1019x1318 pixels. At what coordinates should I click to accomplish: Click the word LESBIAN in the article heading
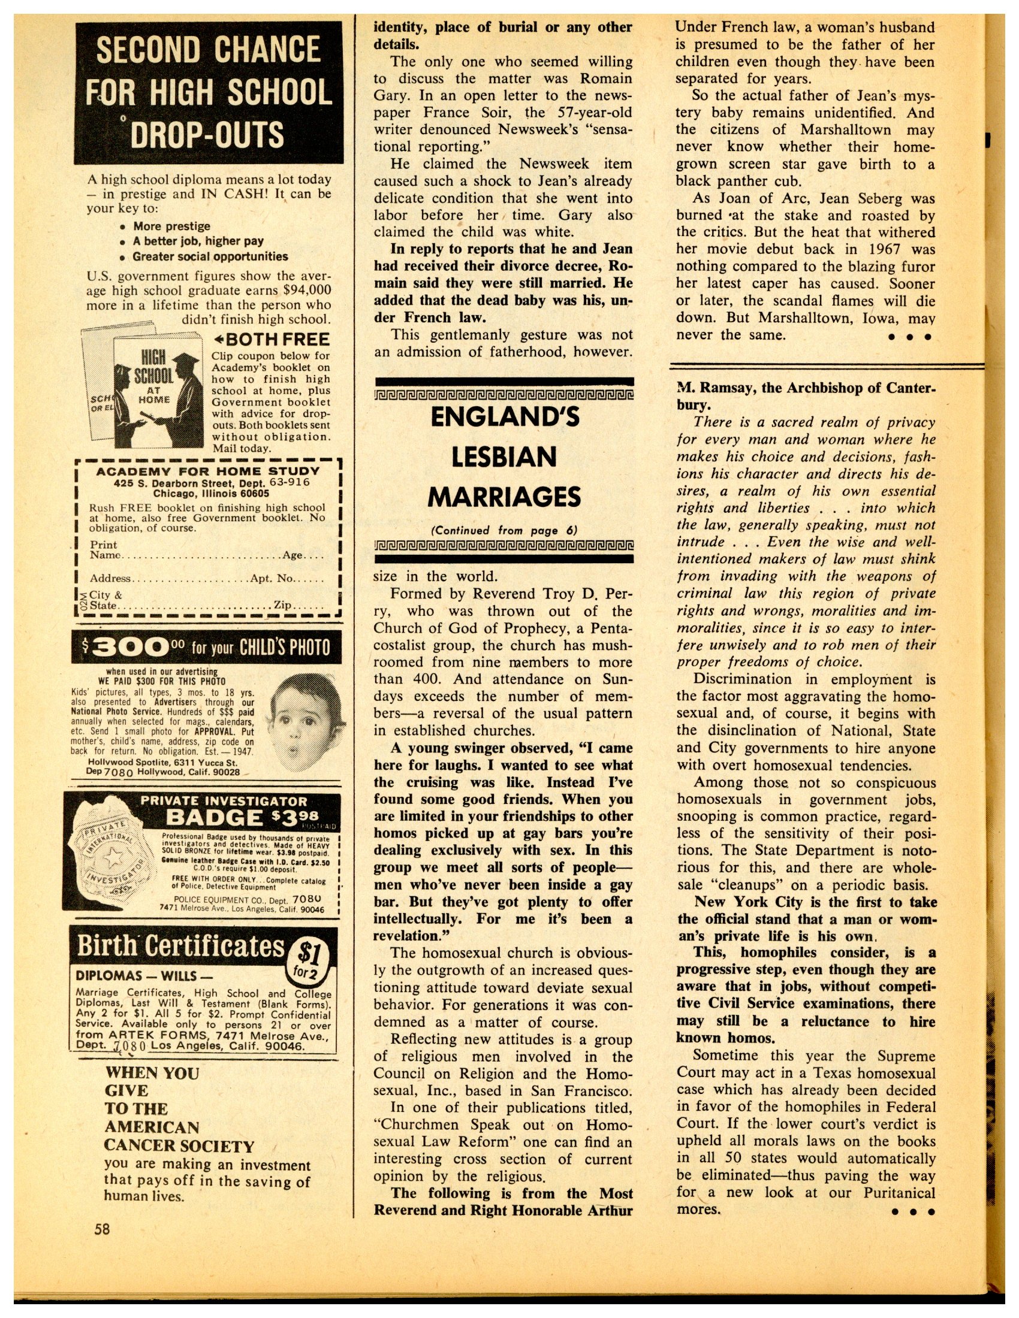504,457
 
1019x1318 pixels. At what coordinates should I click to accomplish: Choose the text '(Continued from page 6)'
504,530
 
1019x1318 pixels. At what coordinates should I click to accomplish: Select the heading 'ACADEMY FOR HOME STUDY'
207,471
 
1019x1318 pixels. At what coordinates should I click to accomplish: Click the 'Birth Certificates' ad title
180,946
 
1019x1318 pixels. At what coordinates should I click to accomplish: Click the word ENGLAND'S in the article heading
504,418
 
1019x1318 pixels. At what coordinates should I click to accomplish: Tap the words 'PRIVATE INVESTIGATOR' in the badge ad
224,801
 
